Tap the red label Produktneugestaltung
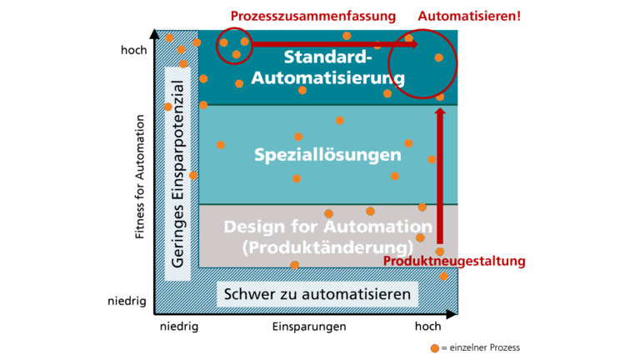coord(454,262)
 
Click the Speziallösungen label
coord(327,155)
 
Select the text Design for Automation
coord(327,227)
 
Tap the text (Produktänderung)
coord(327,247)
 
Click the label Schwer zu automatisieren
coord(317,295)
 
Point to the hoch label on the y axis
coord(133,50)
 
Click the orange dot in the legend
coord(434,347)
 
